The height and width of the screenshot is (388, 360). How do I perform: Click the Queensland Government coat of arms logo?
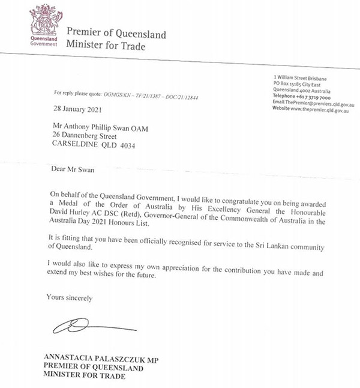click(x=43, y=21)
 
